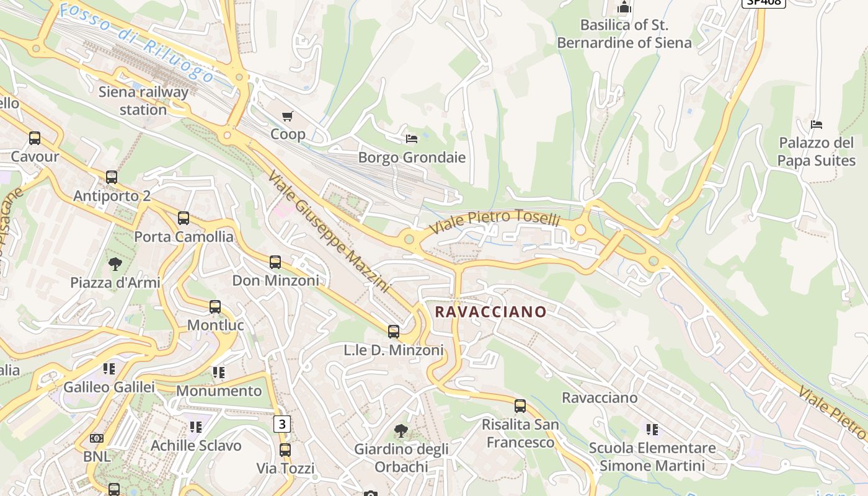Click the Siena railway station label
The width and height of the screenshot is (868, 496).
pyautogui.click(x=143, y=101)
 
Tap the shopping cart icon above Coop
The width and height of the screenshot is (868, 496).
pyautogui.click(x=288, y=116)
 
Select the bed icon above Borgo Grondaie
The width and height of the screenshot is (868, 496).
pyautogui.click(x=412, y=138)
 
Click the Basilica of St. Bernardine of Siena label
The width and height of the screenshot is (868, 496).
pyautogui.click(x=624, y=34)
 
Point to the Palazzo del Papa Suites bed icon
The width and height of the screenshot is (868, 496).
pyautogui.click(x=817, y=125)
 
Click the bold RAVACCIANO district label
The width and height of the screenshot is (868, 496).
pyautogui.click(x=491, y=312)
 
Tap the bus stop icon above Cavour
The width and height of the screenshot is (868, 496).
pyautogui.click(x=35, y=138)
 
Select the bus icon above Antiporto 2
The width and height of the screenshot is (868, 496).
pyautogui.click(x=112, y=177)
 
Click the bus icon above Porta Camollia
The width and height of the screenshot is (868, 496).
pyautogui.click(x=184, y=218)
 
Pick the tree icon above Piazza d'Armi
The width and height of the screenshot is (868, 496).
pyautogui.click(x=115, y=264)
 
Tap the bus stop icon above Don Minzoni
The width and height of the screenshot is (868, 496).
pyautogui.click(x=275, y=262)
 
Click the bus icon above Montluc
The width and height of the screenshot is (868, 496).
pyautogui.click(x=215, y=307)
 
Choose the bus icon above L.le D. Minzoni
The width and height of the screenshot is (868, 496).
pyautogui.click(x=394, y=332)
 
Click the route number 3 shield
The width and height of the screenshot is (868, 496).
pyautogui.click(x=282, y=424)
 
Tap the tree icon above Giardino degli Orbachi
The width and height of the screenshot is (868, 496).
pyautogui.click(x=401, y=430)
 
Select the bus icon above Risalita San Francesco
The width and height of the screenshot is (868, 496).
pyautogui.click(x=520, y=406)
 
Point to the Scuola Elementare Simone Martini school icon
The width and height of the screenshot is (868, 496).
pyautogui.click(x=652, y=429)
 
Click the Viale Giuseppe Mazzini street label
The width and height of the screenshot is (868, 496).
pyautogui.click(x=329, y=231)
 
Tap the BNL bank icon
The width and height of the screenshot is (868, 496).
pyautogui.click(x=97, y=438)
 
